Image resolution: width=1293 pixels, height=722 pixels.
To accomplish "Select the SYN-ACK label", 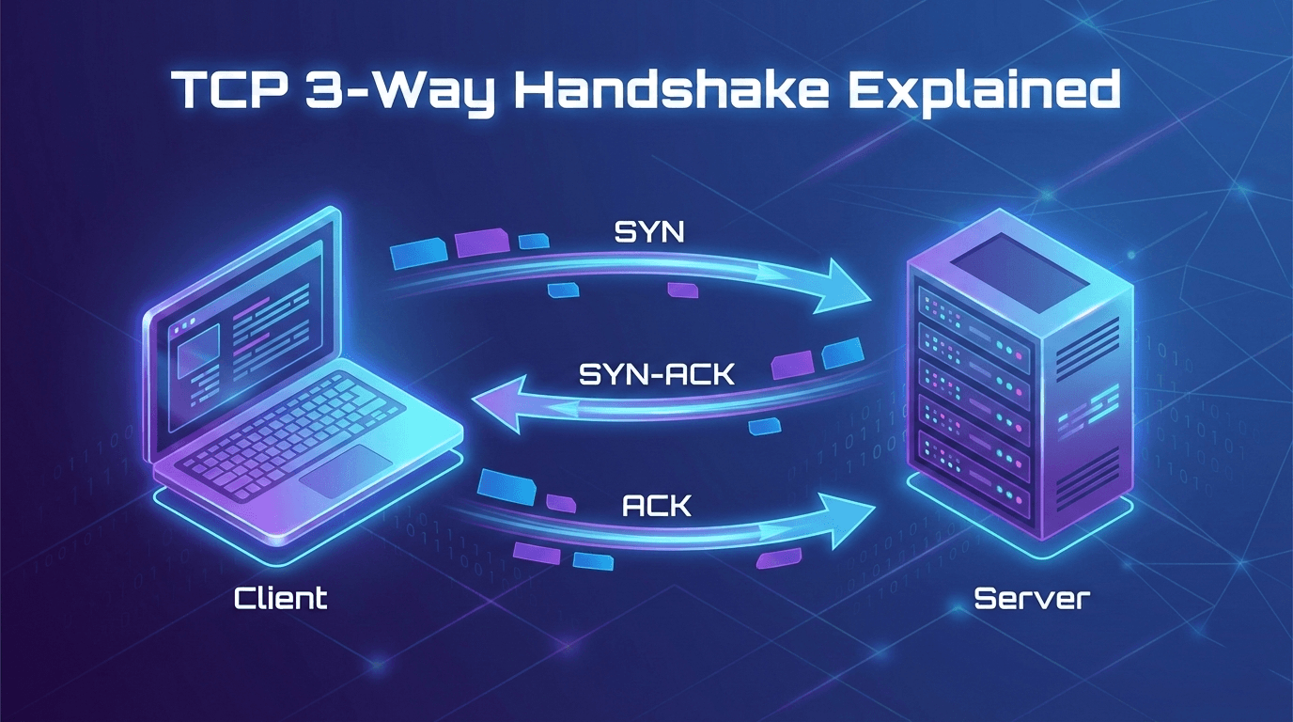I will pos(657,375).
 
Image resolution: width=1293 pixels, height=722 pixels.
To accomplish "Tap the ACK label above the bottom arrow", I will pos(656,506).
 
